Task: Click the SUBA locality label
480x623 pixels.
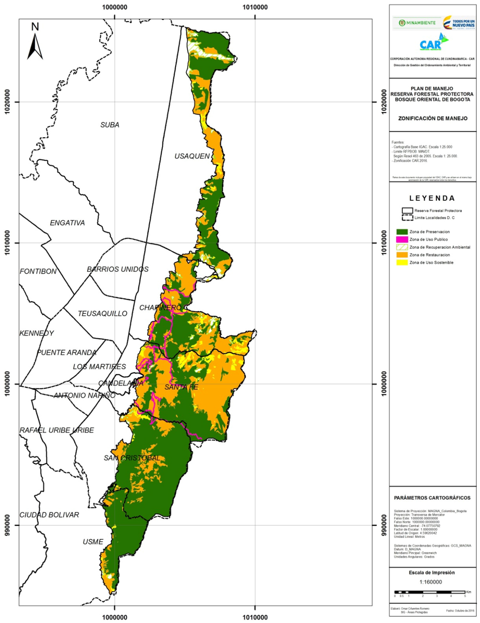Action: [x=110, y=125]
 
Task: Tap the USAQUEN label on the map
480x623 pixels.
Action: [x=192, y=156]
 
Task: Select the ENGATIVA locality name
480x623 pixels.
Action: [x=67, y=223]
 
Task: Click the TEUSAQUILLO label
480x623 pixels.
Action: [x=102, y=314]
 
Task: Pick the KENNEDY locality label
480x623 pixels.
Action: [x=37, y=333]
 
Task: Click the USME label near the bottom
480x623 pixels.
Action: [x=93, y=542]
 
